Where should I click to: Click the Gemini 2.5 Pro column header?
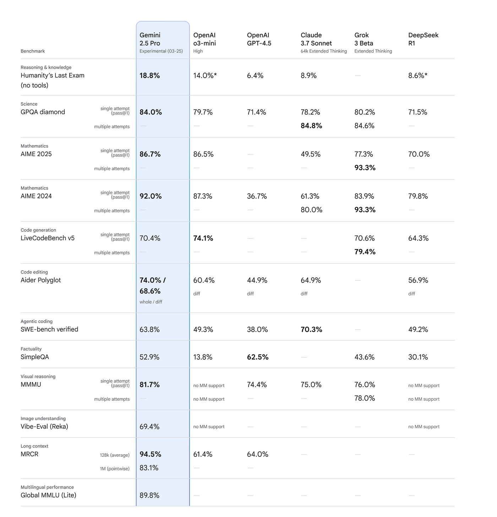(150, 39)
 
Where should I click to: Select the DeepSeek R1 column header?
(423, 39)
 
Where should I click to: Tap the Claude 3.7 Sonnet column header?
(316, 39)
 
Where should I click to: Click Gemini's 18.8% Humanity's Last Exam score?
(149, 76)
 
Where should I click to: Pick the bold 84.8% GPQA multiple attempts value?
(311, 126)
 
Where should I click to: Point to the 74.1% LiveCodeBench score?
(203, 238)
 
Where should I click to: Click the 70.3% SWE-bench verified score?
(311, 329)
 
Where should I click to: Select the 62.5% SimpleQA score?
(258, 357)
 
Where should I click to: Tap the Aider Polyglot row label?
(41, 280)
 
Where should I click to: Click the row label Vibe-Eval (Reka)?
(44, 426)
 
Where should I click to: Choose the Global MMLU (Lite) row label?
(48, 495)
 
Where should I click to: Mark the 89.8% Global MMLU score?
(149, 495)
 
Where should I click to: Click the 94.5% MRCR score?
(151, 454)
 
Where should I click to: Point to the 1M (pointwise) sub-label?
(115, 468)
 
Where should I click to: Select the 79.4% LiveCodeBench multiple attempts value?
(365, 252)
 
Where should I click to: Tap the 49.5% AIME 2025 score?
(311, 154)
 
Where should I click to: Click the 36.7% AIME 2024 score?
(257, 196)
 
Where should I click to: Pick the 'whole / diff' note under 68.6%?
(151, 302)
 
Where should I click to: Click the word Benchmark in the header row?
(33, 51)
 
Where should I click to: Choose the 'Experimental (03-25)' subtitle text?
(161, 51)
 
